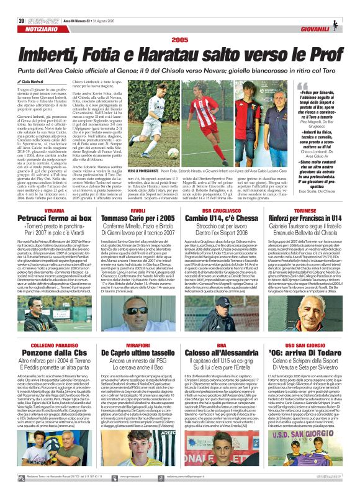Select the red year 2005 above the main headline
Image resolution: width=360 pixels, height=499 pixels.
coord(179,22)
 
